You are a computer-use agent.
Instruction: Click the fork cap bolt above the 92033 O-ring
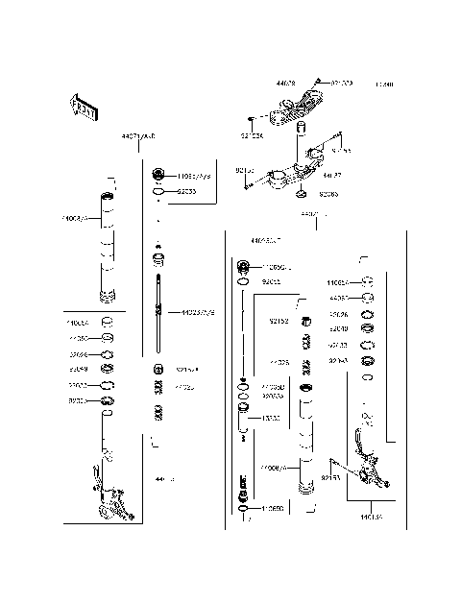point(159,177)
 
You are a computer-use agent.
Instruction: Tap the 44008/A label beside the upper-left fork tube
point(75,219)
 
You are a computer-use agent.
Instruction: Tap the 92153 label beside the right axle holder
point(331,476)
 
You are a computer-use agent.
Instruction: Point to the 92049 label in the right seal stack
point(338,328)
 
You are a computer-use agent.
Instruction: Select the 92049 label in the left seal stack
point(78,369)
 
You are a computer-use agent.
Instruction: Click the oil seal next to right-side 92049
point(366,328)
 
